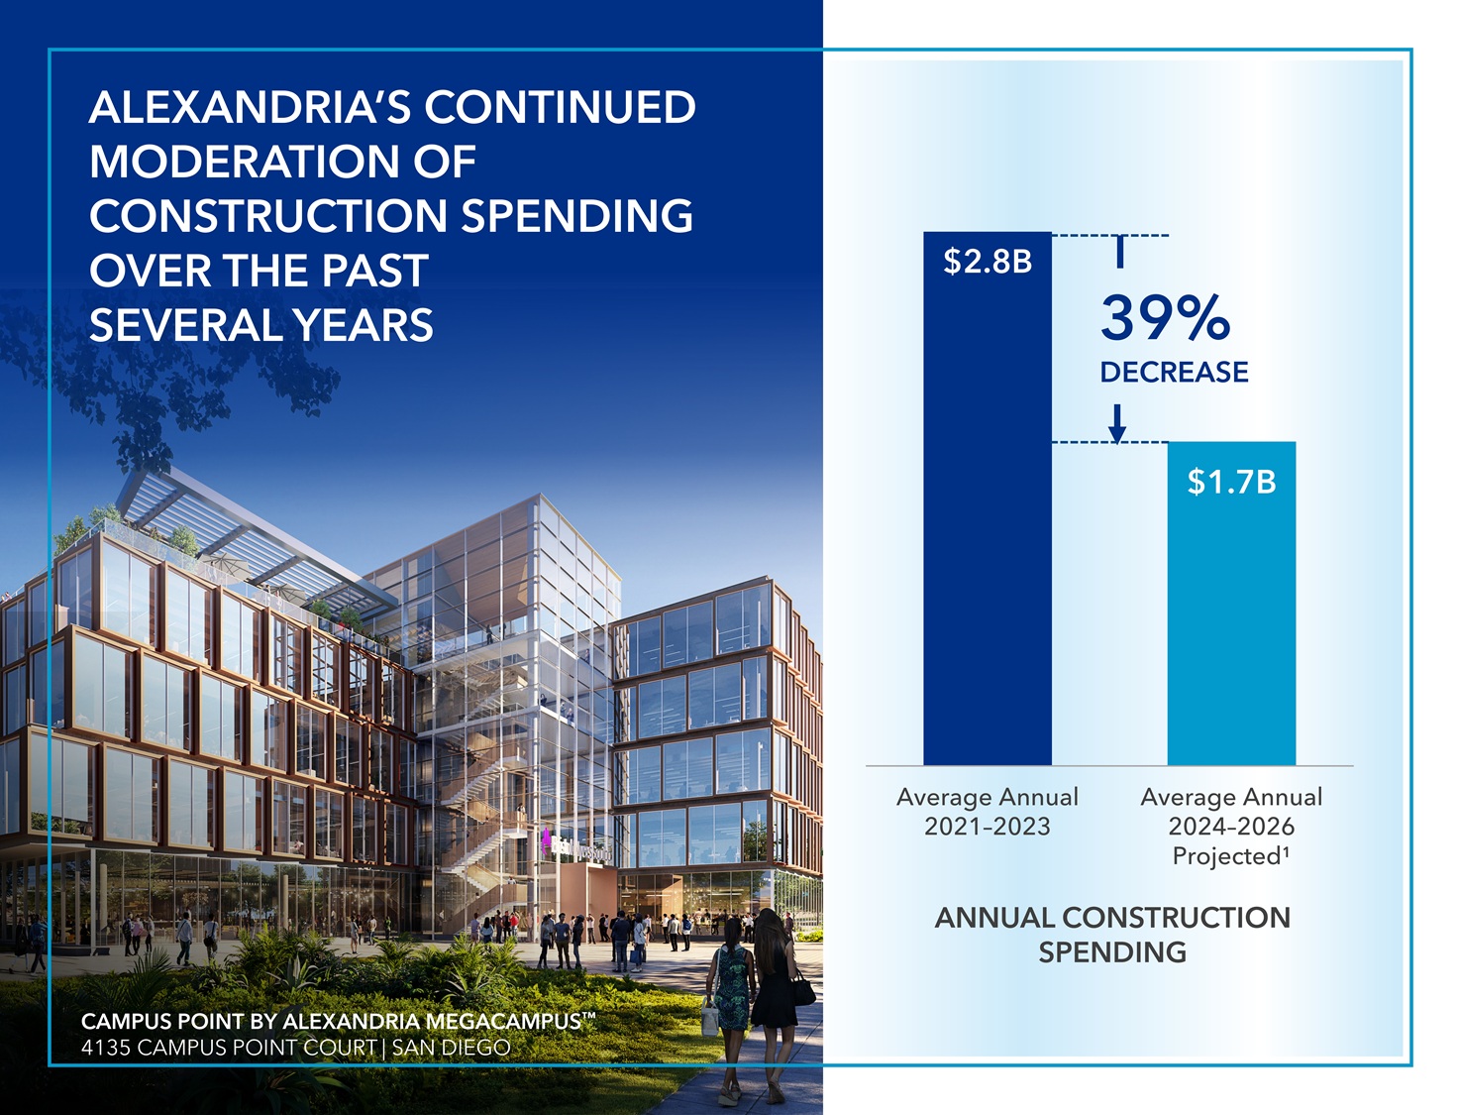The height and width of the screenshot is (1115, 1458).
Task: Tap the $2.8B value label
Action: point(988,262)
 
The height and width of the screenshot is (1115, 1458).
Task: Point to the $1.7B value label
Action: point(1231,483)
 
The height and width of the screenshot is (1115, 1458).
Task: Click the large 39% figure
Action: point(1165,318)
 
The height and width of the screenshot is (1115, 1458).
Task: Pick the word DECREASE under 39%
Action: point(1174,373)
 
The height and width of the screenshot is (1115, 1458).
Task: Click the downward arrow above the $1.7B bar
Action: point(1117,423)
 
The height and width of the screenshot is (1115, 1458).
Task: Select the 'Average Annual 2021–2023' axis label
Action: point(987,812)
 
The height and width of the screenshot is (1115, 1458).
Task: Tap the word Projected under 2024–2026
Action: point(1226,856)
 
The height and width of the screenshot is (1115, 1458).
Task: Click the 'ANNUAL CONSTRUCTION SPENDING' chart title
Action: point(1112,935)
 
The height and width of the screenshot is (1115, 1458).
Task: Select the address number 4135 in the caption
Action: point(106,1048)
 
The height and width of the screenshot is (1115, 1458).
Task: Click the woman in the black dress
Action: point(775,981)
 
